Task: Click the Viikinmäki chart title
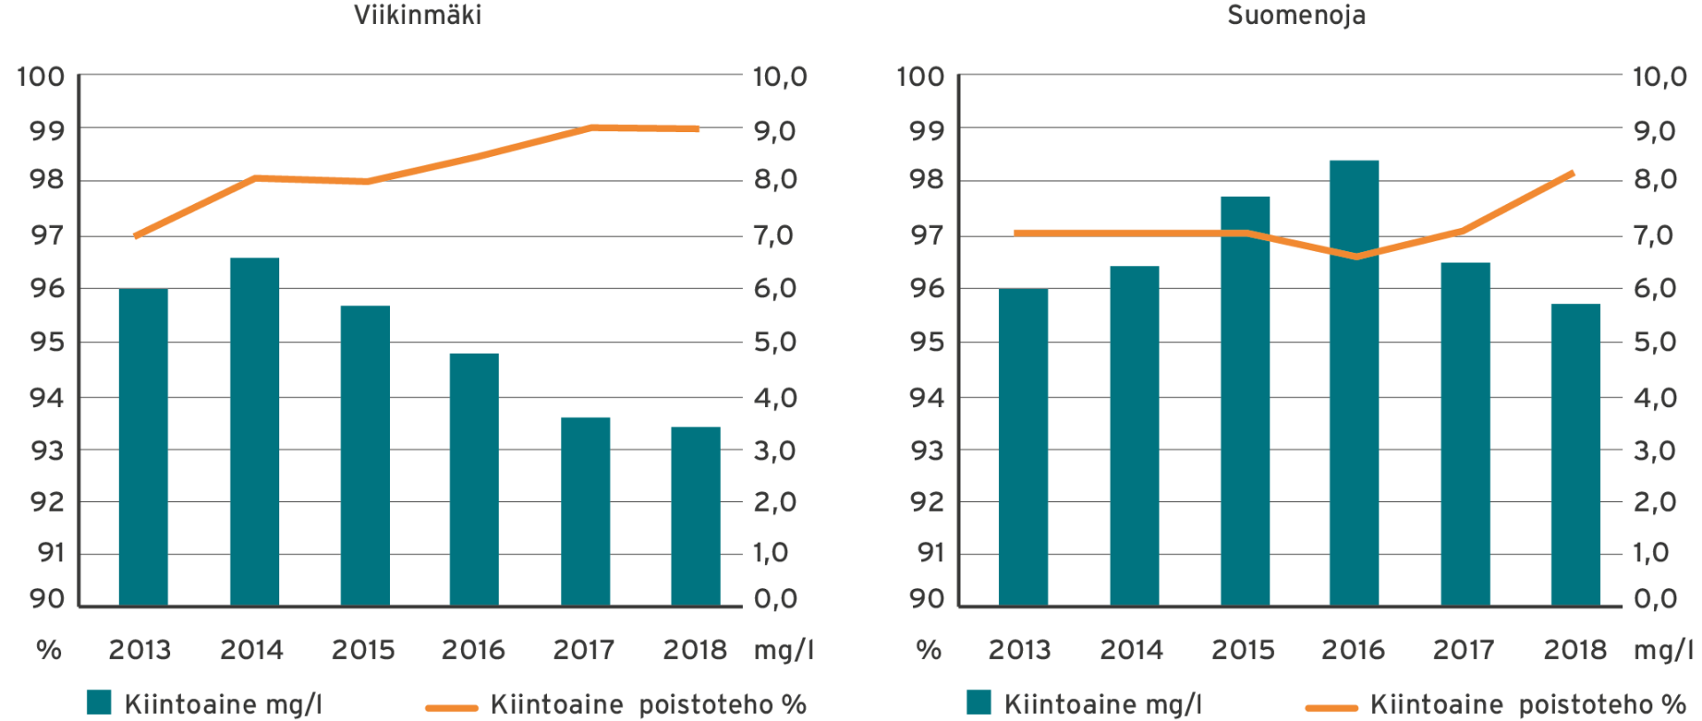click(x=417, y=15)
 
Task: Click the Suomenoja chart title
click(x=1295, y=15)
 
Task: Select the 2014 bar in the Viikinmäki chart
click(x=254, y=431)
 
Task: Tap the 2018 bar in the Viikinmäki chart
click(x=695, y=516)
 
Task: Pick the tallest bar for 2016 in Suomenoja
click(x=1354, y=383)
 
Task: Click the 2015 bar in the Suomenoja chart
click(x=1245, y=401)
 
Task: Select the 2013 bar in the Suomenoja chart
click(x=1023, y=447)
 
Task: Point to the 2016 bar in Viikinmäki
click(x=474, y=479)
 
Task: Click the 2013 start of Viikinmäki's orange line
click(x=136, y=236)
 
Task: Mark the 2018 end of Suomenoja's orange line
click(x=1573, y=173)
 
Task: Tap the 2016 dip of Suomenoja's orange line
click(x=1355, y=256)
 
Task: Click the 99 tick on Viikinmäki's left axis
click(x=47, y=130)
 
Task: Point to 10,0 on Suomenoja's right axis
click(x=1659, y=77)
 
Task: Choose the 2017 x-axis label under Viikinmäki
click(x=583, y=650)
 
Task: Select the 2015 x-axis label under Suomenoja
click(x=1243, y=650)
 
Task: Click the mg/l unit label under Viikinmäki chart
click(x=784, y=650)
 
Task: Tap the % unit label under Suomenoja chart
click(x=928, y=650)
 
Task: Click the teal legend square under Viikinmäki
click(x=99, y=702)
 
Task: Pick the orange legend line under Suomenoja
click(x=1331, y=707)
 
